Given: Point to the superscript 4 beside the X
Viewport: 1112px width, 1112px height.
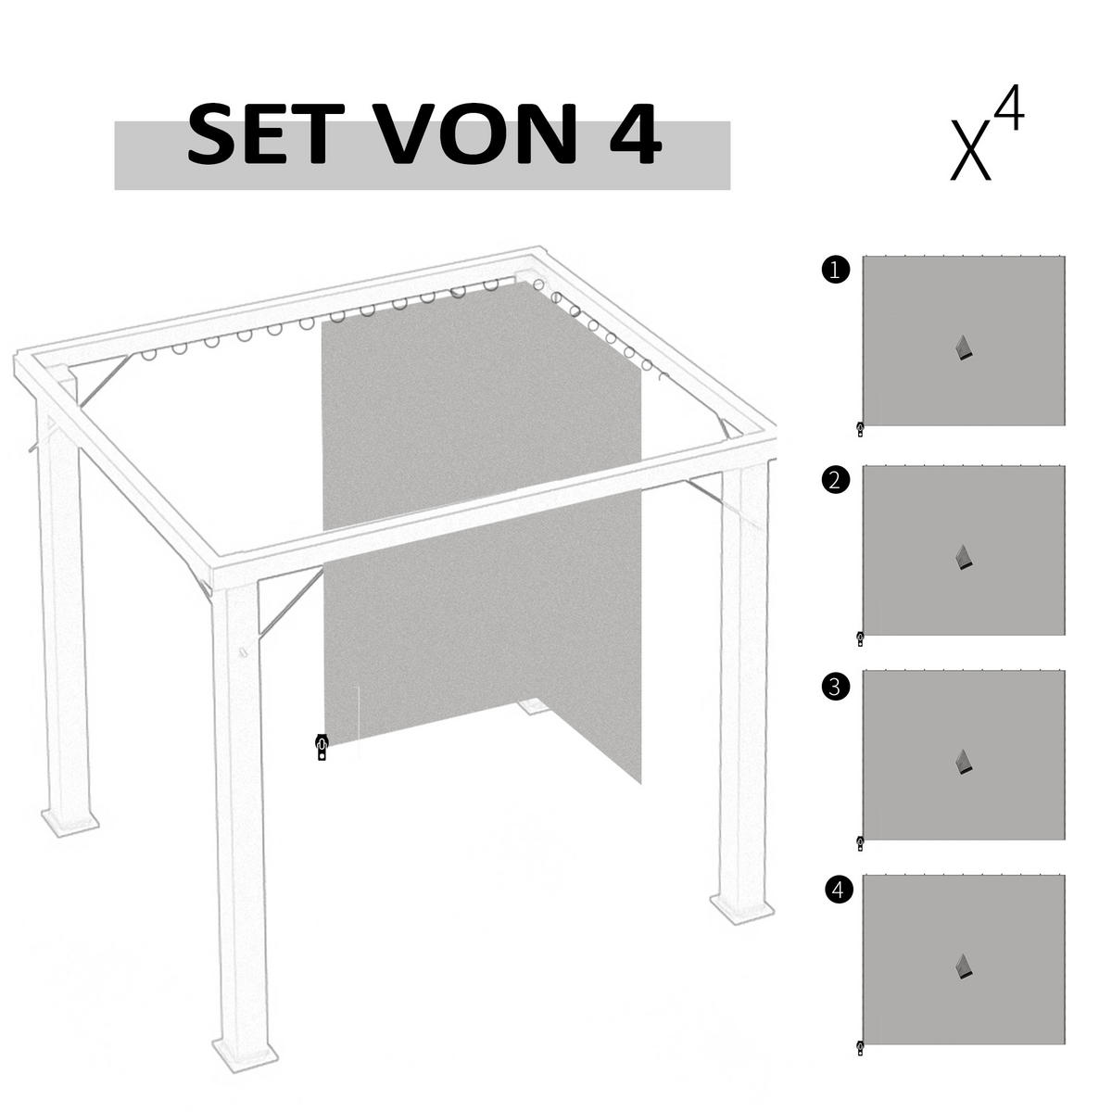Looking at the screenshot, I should pyautogui.click(x=1010, y=112).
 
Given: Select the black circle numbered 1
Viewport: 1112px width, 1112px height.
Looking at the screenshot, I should pyautogui.click(x=835, y=271).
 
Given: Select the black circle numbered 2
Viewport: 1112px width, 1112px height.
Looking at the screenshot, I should pyautogui.click(x=835, y=480).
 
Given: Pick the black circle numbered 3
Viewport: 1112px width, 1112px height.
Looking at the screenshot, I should pyautogui.click(x=835, y=687).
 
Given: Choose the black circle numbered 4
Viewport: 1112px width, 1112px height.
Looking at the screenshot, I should pyautogui.click(x=838, y=891).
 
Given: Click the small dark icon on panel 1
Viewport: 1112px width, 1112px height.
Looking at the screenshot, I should pyautogui.click(x=965, y=347).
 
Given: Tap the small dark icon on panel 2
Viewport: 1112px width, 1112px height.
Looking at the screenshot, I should pyautogui.click(x=965, y=556).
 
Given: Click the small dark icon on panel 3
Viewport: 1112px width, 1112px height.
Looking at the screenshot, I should pyautogui.click(x=965, y=762).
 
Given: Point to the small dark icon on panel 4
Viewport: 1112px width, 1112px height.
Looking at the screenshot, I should pyautogui.click(x=965, y=967).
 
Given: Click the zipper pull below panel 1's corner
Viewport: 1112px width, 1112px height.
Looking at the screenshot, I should pyautogui.click(x=860, y=429).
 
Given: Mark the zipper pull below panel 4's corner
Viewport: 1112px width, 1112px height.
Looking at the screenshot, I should pyautogui.click(x=860, y=1048).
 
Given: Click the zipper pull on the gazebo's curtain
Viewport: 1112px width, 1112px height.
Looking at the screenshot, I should pyautogui.click(x=322, y=746).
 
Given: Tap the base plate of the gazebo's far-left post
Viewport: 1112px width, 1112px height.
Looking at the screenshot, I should pyautogui.click(x=69, y=822).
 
